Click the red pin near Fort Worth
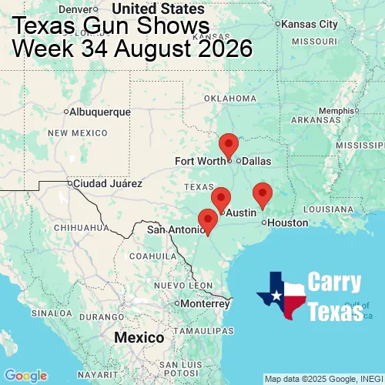229,145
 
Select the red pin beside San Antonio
208,220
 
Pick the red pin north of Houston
263,194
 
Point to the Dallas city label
256,161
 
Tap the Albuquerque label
99,112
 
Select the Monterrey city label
206,303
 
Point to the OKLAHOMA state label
229,99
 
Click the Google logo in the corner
25,375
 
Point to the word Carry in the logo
336,282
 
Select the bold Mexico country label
139,338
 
